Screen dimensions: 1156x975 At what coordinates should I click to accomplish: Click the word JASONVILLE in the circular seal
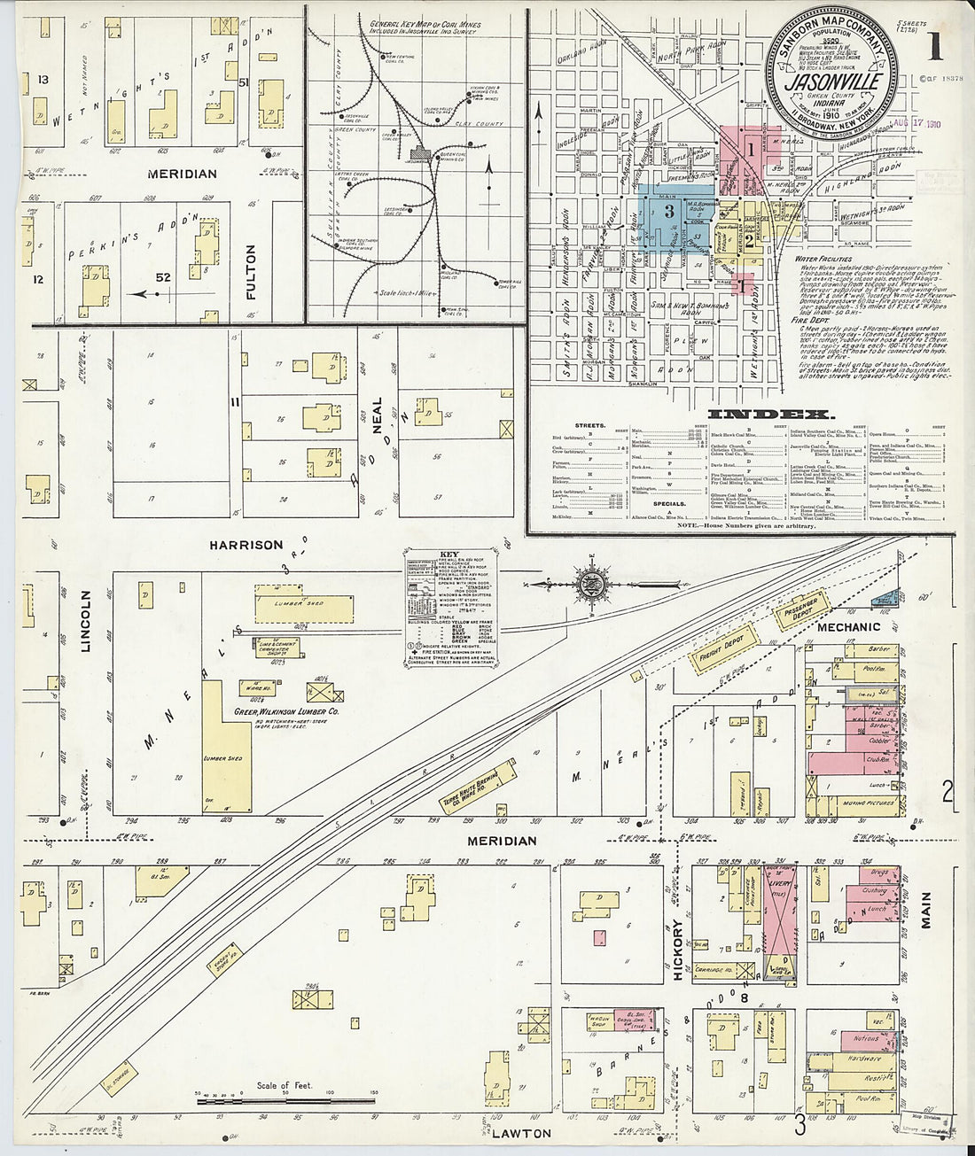(x=832, y=80)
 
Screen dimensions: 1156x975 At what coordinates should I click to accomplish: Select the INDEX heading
(x=769, y=415)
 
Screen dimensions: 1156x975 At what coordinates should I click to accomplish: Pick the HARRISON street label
(x=247, y=545)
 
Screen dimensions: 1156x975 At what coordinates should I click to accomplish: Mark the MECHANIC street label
(x=849, y=627)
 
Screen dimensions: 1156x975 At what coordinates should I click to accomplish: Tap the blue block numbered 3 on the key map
(x=670, y=209)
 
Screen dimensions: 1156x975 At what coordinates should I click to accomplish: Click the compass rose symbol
(x=589, y=585)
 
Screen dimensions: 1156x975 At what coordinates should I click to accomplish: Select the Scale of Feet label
(x=285, y=1085)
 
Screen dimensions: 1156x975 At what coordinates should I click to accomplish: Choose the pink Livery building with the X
(x=780, y=921)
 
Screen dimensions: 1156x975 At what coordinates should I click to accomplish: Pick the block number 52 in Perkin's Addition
(x=163, y=277)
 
